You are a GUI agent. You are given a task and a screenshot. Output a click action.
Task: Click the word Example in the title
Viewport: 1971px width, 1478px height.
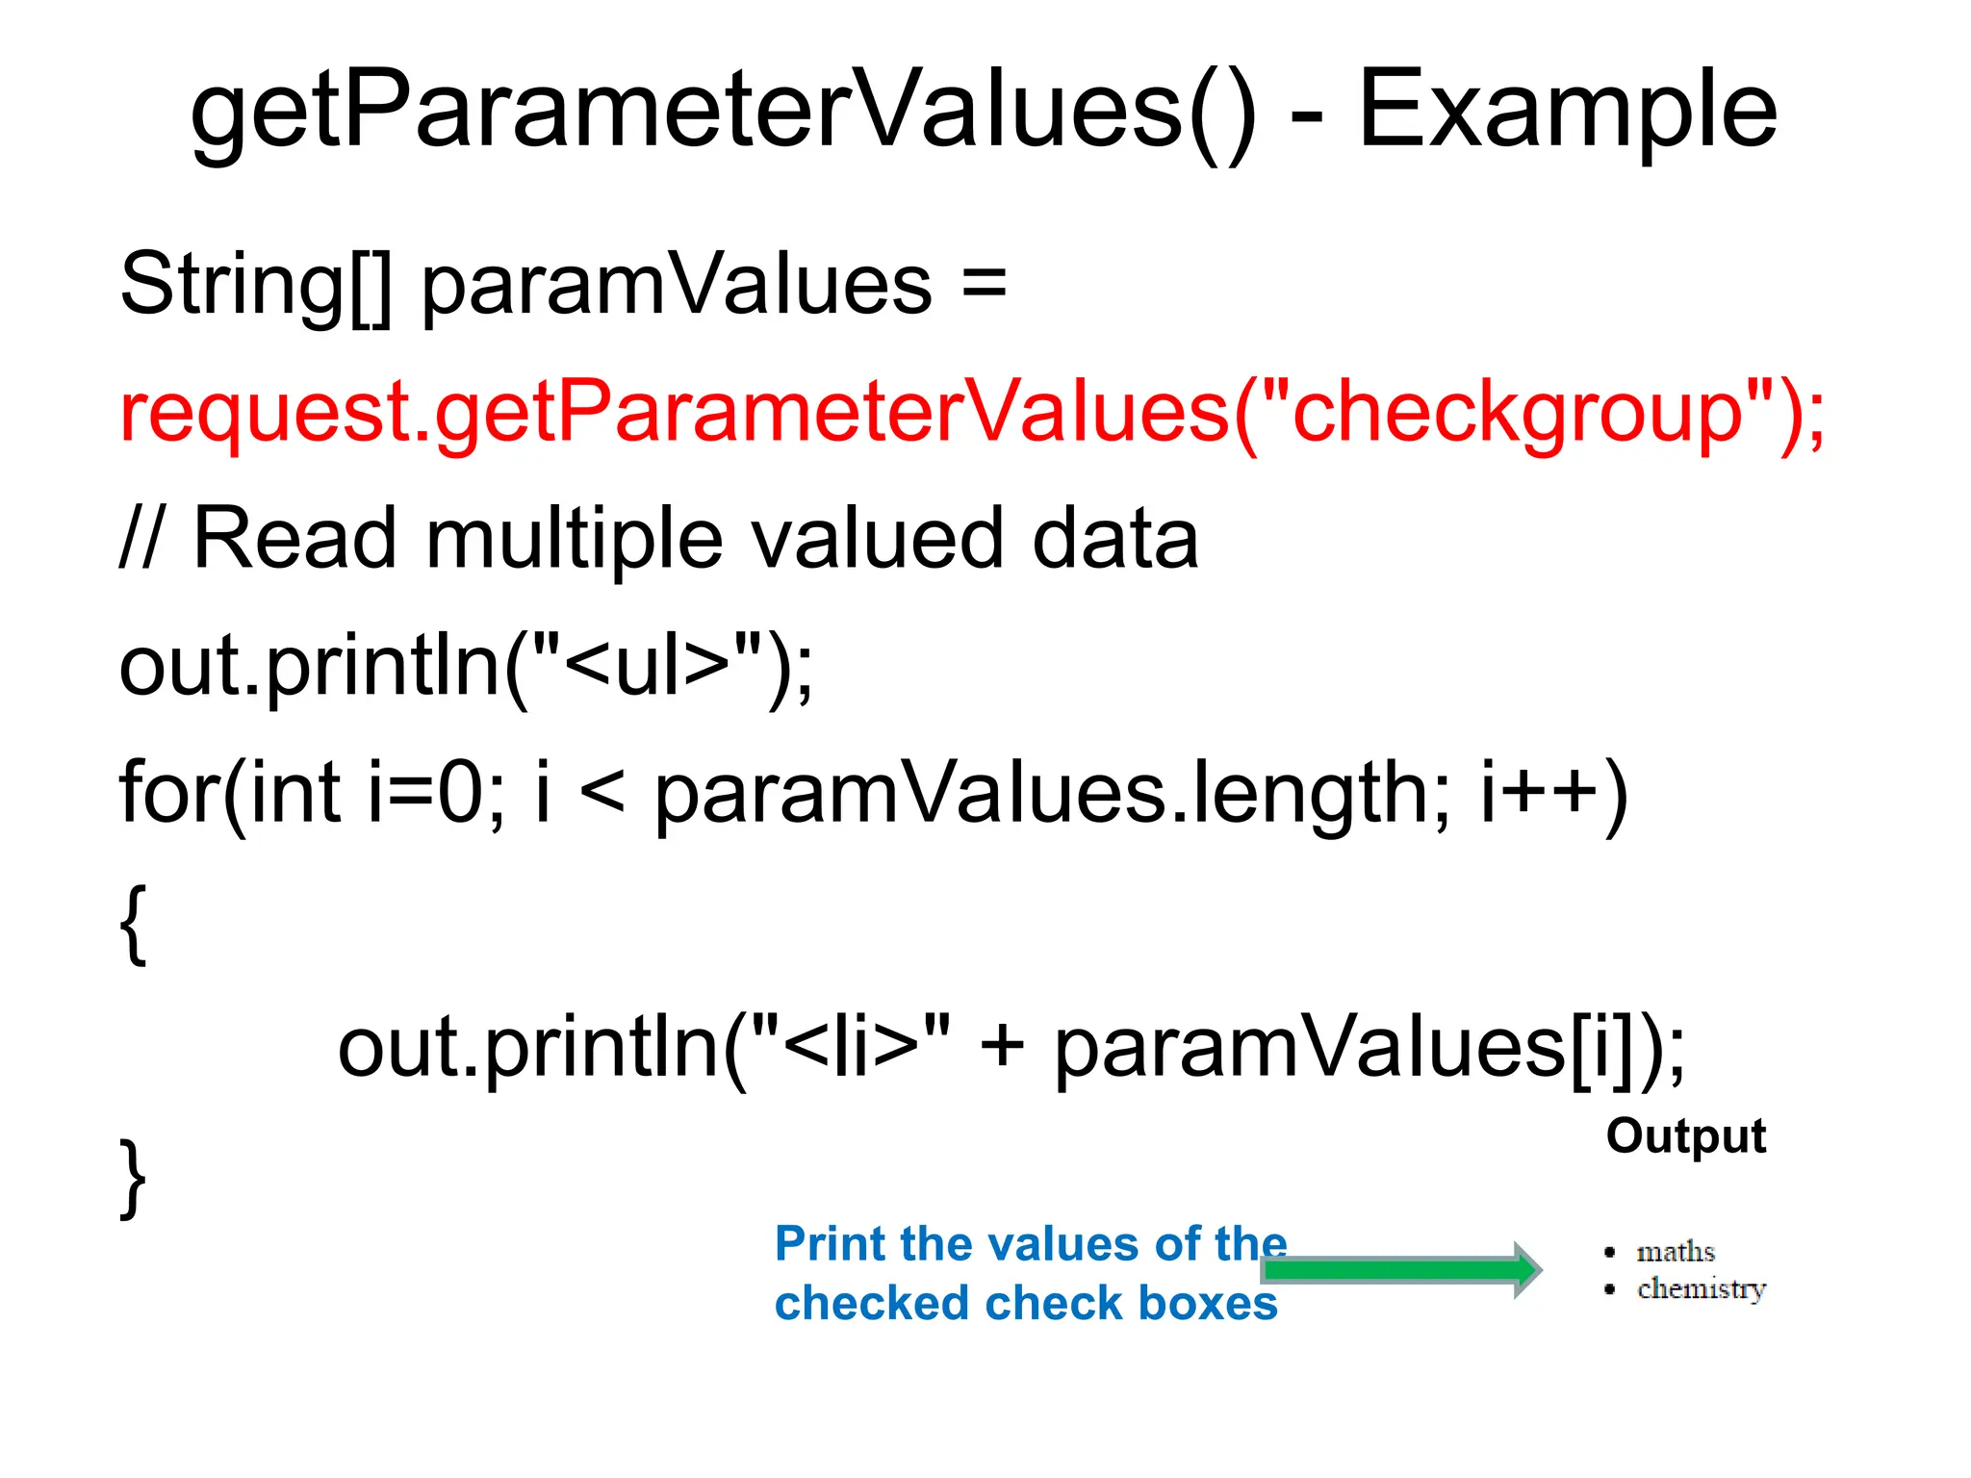pyautogui.click(x=1567, y=111)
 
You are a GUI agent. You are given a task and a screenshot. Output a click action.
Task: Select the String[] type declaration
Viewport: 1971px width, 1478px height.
pyautogui.click(x=256, y=284)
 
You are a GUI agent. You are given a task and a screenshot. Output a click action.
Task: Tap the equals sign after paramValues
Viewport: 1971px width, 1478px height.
pyautogui.click(x=984, y=284)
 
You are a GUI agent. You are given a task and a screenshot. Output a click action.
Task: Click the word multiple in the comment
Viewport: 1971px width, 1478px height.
pyautogui.click(x=574, y=539)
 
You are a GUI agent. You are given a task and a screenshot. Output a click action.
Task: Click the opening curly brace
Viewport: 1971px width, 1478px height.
pyautogui.click(x=135, y=924)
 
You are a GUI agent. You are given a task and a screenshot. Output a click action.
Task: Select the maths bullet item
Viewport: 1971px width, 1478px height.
pyautogui.click(x=1675, y=1252)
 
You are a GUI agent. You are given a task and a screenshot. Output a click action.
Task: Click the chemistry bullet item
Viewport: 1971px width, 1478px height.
pyautogui.click(x=1701, y=1288)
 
